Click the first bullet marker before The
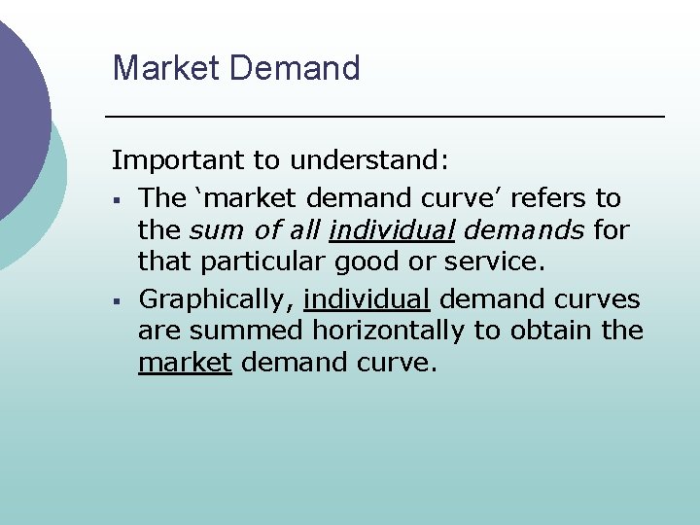pyautogui.click(x=116, y=200)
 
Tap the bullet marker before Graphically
pyautogui.click(x=116, y=299)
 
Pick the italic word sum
pyautogui.click(x=211, y=231)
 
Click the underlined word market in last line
pyautogui.click(x=185, y=364)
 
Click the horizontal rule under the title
pyautogui.click(x=384, y=117)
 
